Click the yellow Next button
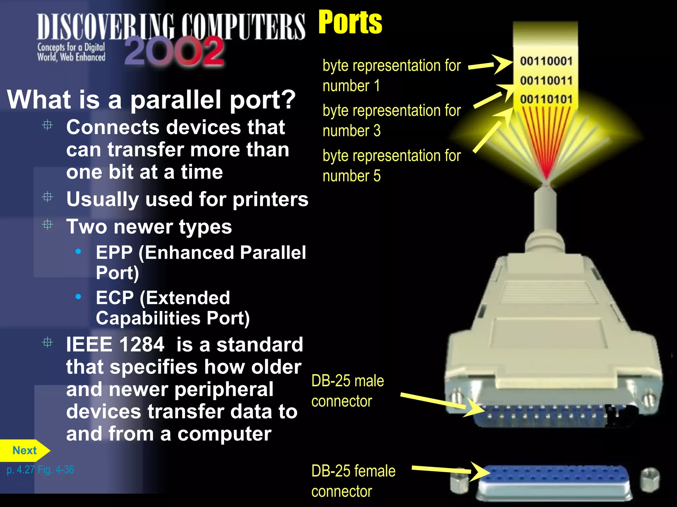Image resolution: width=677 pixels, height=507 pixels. pos(24,450)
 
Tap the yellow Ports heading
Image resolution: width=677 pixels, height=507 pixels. pos(350,22)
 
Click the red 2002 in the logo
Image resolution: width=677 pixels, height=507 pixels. pos(174,51)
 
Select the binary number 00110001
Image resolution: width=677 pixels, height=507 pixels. pos(546,61)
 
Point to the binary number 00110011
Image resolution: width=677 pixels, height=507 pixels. pos(546,80)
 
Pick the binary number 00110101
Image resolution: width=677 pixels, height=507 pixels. pos(546,99)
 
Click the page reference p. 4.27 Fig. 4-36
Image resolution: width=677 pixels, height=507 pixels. pos(40,469)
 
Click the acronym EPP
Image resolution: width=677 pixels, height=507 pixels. pos(114,253)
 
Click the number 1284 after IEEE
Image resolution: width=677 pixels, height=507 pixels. pos(141,345)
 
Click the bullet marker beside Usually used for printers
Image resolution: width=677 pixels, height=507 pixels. pos(48,197)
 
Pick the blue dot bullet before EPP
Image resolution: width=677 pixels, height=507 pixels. pos(78,252)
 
